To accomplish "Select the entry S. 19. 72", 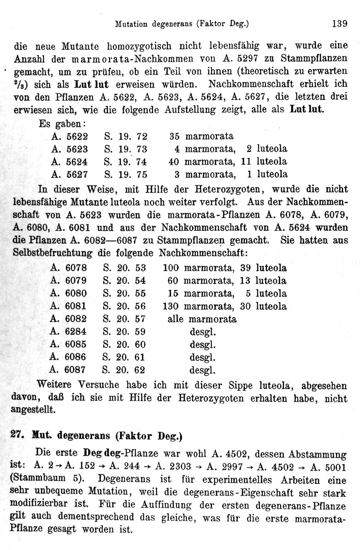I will point(126,136).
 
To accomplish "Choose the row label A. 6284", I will point(70,331).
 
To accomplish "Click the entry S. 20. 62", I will point(125,369).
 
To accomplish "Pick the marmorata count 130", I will point(171,306).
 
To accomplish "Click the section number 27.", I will point(17,436).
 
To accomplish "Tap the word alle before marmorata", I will point(176,319).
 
